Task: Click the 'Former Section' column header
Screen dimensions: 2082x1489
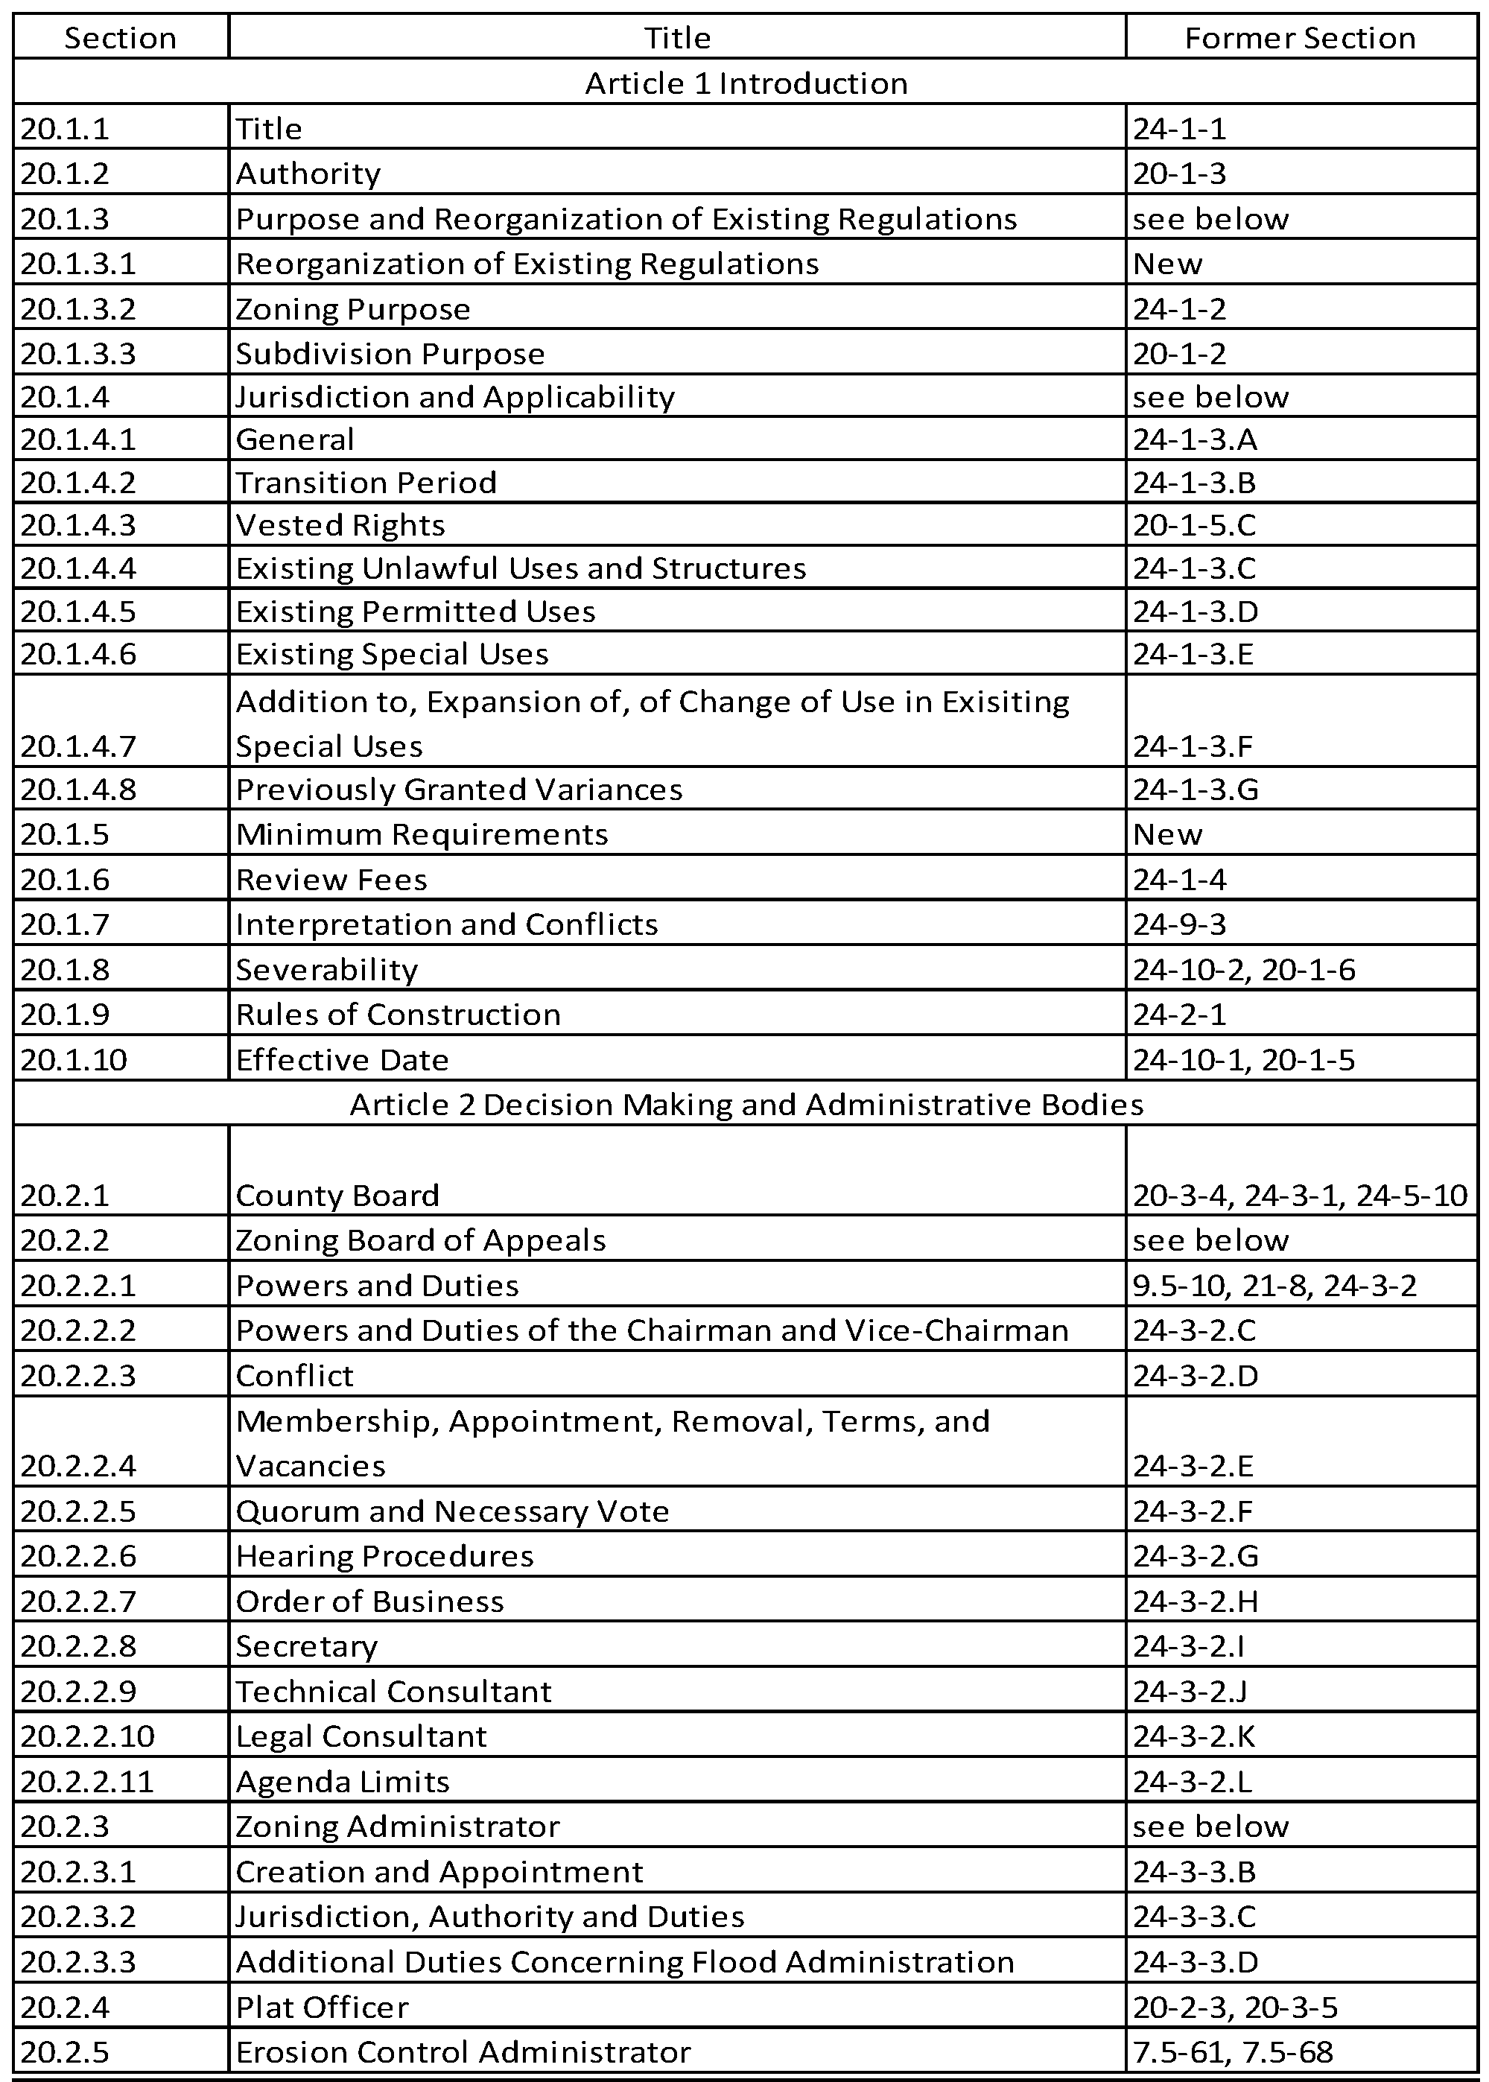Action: click(1299, 37)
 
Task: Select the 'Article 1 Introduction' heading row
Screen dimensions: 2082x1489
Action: click(746, 83)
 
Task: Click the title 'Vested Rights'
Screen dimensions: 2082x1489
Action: click(340, 525)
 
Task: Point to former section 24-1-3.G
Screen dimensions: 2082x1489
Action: click(1196, 790)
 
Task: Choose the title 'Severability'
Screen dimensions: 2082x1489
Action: click(326, 969)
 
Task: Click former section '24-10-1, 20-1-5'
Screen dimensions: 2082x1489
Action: click(1243, 1060)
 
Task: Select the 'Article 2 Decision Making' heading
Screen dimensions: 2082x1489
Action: click(746, 1104)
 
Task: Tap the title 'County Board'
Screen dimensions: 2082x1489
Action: click(337, 1195)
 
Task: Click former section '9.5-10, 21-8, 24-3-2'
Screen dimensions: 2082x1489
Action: click(1274, 1285)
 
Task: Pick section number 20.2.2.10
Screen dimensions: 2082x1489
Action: click(87, 1736)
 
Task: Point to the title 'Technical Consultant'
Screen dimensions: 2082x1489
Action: click(393, 1690)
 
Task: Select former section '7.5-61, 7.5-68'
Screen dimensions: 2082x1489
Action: click(1232, 2051)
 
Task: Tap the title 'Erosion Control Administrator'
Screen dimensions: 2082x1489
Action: click(463, 2051)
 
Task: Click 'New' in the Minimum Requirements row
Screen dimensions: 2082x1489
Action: click(1167, 834)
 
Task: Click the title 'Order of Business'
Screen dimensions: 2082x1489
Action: click(369, 1601)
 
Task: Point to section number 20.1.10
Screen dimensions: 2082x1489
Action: click(73, 1060)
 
